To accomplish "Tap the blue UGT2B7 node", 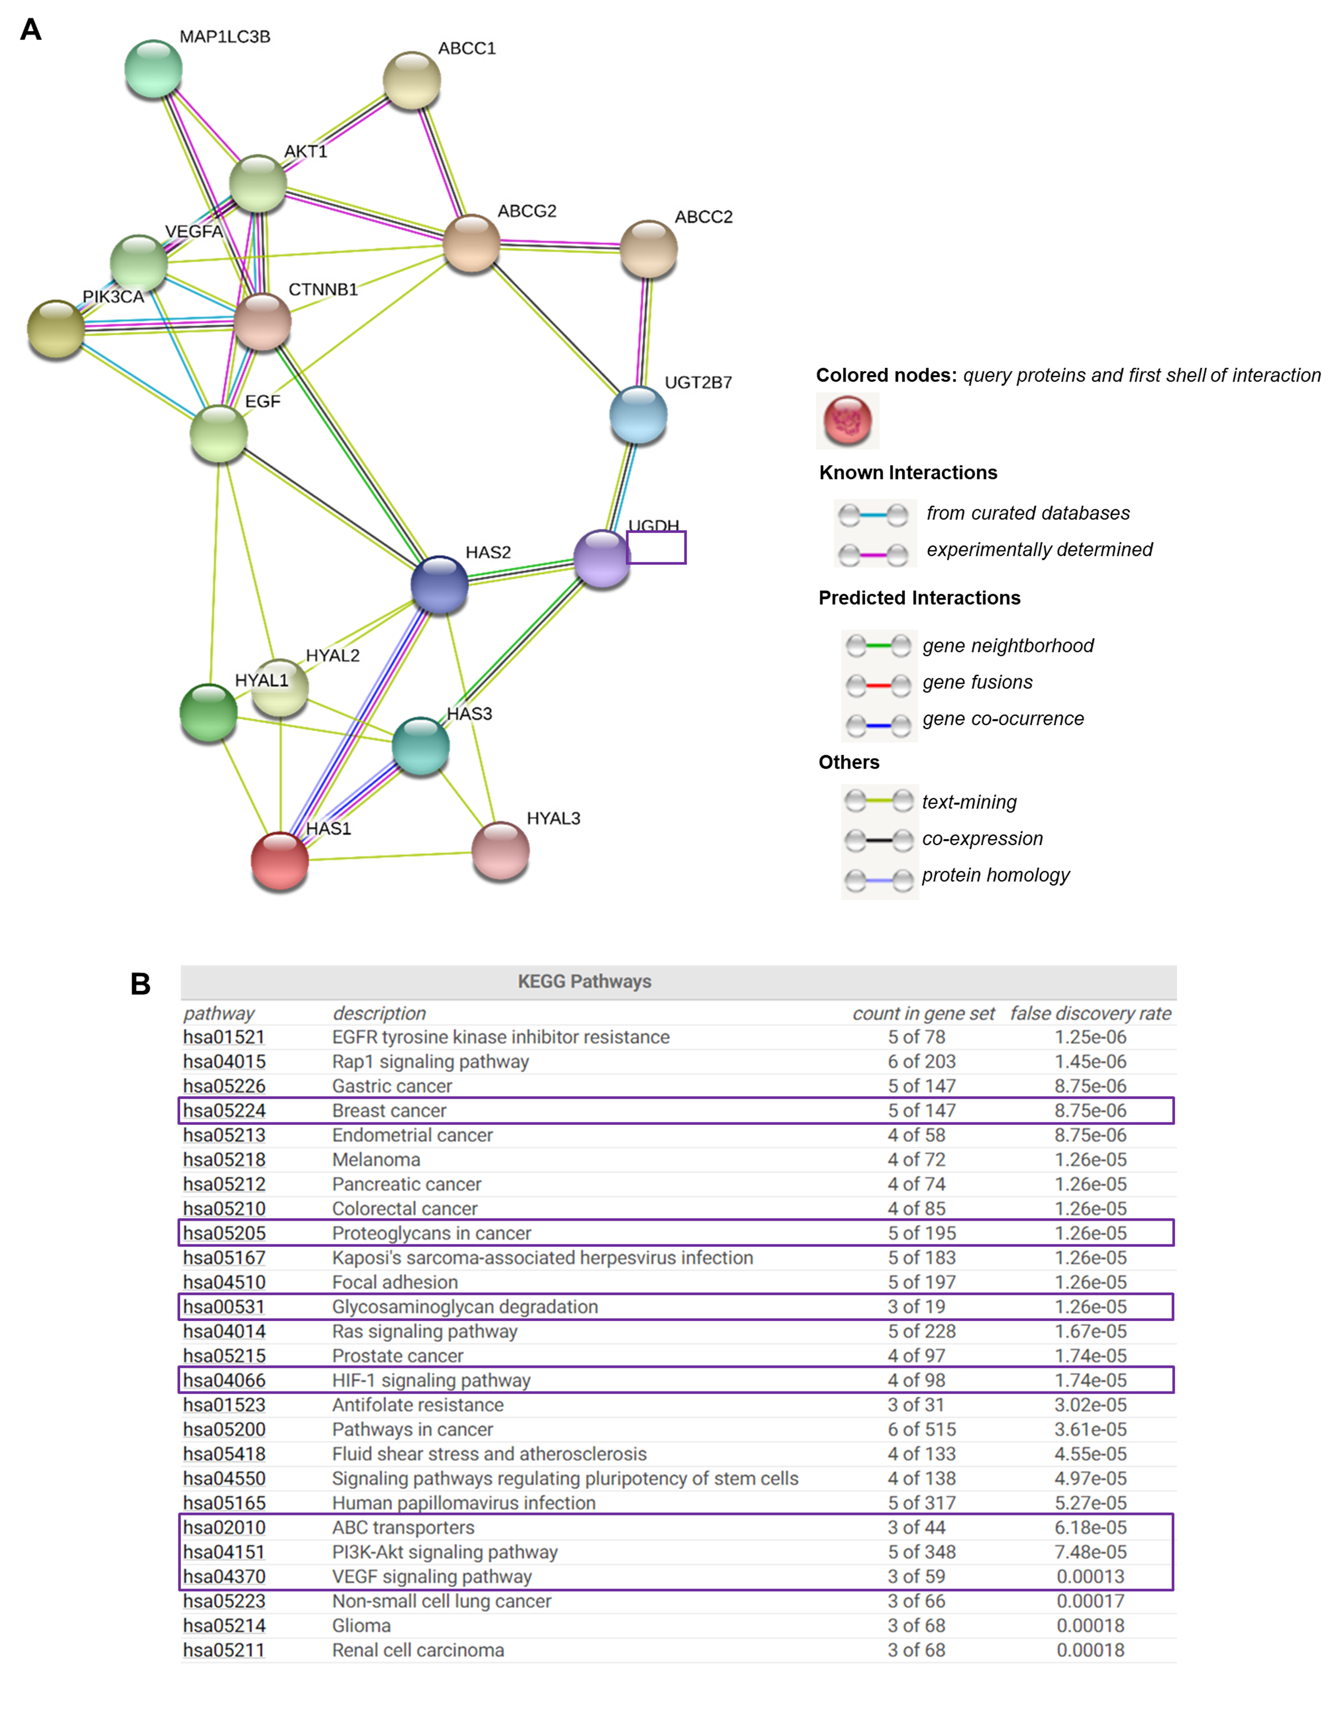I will click(x=638, y=415).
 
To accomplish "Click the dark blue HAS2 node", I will click(x=439, y=584).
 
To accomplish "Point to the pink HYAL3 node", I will click(x=500, y=850).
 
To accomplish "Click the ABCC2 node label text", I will click(x=703, y=217).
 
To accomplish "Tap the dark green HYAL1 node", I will click(x=208, y=713).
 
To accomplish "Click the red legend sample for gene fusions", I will click(x=878, y=684).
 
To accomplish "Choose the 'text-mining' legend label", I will click(x=969, y=802).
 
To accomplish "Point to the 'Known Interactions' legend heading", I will click(x=907, y=472).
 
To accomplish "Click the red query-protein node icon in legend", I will click(x=847, y=420).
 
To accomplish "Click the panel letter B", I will click(x=140, y=984).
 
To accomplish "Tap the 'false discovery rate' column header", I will click(x=1090, y=1013).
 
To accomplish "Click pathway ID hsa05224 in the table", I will click(x=224, y=1110).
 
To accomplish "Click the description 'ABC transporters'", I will click(x=403, y=1527).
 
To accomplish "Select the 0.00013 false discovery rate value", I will click(x=1090, y=1576).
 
